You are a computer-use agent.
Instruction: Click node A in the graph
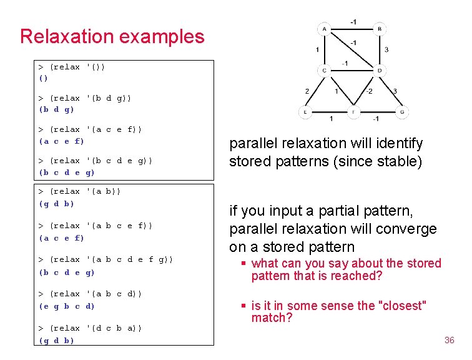tap(324, 29)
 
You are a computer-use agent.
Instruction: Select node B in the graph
tap(380, 29)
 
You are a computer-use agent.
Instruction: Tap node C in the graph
tap(324, 70)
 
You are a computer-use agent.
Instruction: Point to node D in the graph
tap(380, 70)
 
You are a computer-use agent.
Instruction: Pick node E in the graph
tap(305, 112)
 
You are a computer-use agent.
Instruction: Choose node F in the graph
tap(353, 112)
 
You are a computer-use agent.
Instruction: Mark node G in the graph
tap(403, 112)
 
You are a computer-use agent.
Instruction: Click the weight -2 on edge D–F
tap(369, 92)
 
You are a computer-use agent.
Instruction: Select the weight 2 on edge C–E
tap(307, 92)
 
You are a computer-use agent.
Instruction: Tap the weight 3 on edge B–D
tap(386, 49)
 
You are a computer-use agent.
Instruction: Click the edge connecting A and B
tap(352, 29)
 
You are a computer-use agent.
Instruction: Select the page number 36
tap(449, 340)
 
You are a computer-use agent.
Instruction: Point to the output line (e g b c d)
tap(67, 306)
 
